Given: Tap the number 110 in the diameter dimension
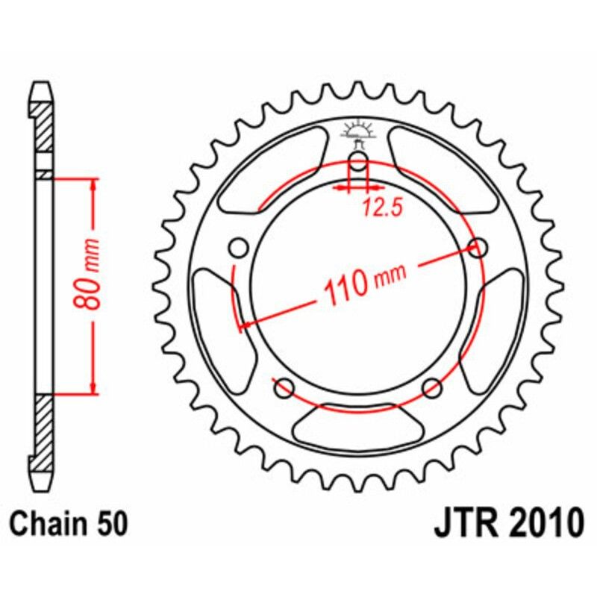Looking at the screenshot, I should (x=345, y=285).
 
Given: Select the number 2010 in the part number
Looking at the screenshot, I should (x=542, y=523).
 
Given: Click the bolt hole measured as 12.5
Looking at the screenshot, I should (x=357, y=165).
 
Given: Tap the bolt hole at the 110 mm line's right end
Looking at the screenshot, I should (x=478, y=247).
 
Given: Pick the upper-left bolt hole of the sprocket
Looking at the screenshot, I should (x=238, y=247).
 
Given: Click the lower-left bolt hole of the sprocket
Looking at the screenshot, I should (x=284, y=387).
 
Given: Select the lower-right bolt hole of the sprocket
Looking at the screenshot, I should (x=432, y=387).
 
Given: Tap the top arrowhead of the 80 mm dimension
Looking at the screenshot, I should (x=94, y=187).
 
